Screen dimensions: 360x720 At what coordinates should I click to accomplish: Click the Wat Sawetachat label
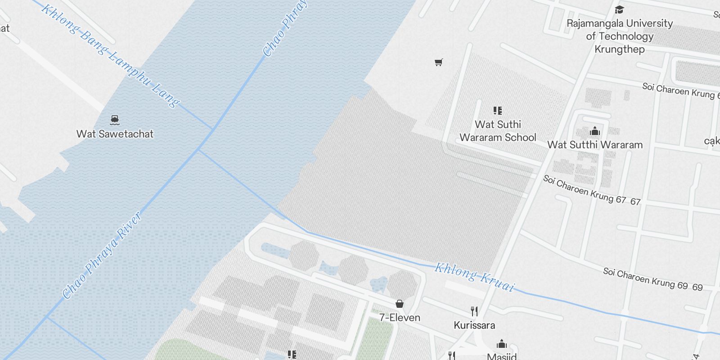(115, 134)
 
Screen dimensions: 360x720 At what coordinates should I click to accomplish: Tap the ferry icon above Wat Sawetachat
(115, 120)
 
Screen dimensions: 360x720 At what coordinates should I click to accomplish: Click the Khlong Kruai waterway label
(474, 277)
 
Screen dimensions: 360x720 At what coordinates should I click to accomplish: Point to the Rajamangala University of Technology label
(620, 36)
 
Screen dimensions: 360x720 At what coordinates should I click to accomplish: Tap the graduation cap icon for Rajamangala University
(620, 9)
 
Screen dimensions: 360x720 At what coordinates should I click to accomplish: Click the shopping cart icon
(438, 63)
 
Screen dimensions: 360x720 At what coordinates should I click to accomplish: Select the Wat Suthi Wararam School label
(498, 131)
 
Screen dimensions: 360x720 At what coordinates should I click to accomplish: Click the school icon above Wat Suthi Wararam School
(498, 110)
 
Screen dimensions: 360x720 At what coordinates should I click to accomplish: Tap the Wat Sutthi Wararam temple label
(595, 145)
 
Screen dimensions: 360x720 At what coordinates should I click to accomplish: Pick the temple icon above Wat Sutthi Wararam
(595, 131)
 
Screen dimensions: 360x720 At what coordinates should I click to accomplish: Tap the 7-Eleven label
(400, 318)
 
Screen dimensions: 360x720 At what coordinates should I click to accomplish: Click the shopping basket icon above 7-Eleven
(400, 304)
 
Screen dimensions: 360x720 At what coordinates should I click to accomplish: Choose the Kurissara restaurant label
(474, 325)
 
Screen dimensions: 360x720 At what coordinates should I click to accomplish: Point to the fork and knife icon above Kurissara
(474, 311)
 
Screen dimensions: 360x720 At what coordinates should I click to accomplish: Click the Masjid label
(502, 356)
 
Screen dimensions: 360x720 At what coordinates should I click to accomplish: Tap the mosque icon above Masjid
(502, 345)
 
